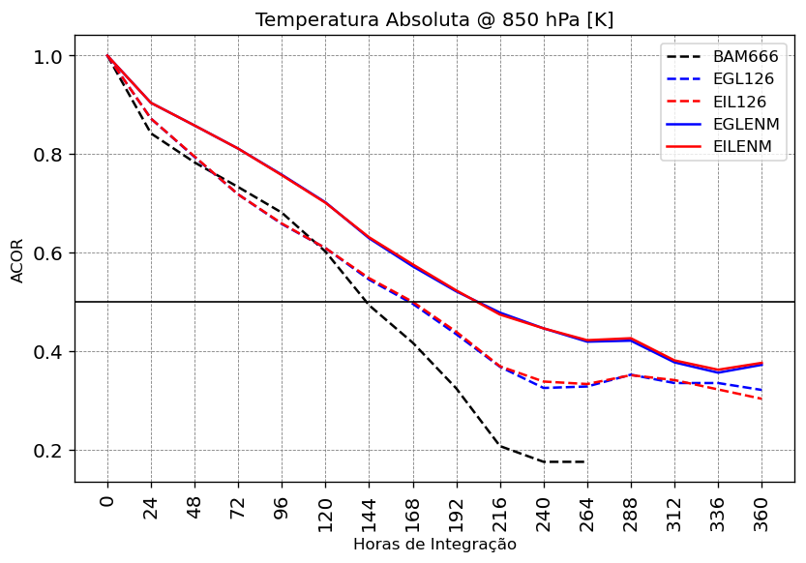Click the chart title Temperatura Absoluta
click(434, 20)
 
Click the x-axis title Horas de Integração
click(434, 545)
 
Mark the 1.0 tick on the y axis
click(48, 56)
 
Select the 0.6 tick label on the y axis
click(48, 253)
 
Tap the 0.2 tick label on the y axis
click(48, 451)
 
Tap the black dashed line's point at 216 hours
click(500, 446)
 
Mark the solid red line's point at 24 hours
click(151, 103)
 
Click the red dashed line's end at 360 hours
click(761, 399)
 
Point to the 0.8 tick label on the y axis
click(48, 155)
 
